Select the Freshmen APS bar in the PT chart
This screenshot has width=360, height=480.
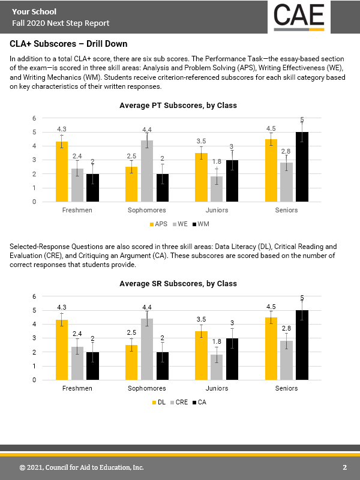point(62,172)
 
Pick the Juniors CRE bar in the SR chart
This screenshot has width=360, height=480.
point(217,367)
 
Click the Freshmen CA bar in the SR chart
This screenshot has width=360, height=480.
point(92,366)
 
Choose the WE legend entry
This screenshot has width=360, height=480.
point(179,224)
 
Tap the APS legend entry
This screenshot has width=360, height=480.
point(157,224)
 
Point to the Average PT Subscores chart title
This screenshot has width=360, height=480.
point(178,106)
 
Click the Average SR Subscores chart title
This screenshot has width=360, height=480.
point(178,284)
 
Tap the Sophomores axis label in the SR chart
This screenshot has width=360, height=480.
point(147,389)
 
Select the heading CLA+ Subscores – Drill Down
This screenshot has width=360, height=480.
point(69,44)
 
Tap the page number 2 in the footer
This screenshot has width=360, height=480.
point(345,467)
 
